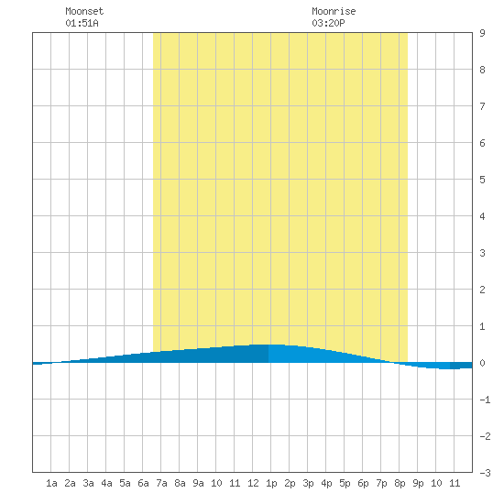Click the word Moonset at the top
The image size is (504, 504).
(x=84, y=11)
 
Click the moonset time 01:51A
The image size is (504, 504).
(x=82, y=23)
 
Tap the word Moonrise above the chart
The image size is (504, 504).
(x=334, y=11)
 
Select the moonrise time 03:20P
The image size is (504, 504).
(x=328, y=23)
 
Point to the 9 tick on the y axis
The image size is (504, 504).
(x=482, y=33)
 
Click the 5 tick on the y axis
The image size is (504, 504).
(x=482, y=180)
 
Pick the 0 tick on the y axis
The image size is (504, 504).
(x=482, y=363)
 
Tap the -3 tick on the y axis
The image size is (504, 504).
(x=485, y=473)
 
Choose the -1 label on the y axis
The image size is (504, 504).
(x=485, y=400)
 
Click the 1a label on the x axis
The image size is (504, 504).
(x=51, y=483)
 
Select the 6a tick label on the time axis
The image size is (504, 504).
(x=143, y=483)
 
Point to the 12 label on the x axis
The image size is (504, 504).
(x=253, y=483)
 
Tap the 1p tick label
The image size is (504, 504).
(x=271, y=483)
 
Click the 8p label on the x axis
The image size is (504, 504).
(x=400, y=483)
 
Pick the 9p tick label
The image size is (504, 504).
(x=418, y=483)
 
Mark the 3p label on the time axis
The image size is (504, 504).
(x=308, y=483)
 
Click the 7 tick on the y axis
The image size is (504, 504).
(x=482, y=106)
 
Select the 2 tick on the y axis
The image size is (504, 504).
(x=482, y=290)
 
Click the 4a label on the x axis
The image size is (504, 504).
(x=106, y=483)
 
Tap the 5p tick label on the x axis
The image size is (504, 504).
(x=345, y=483)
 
